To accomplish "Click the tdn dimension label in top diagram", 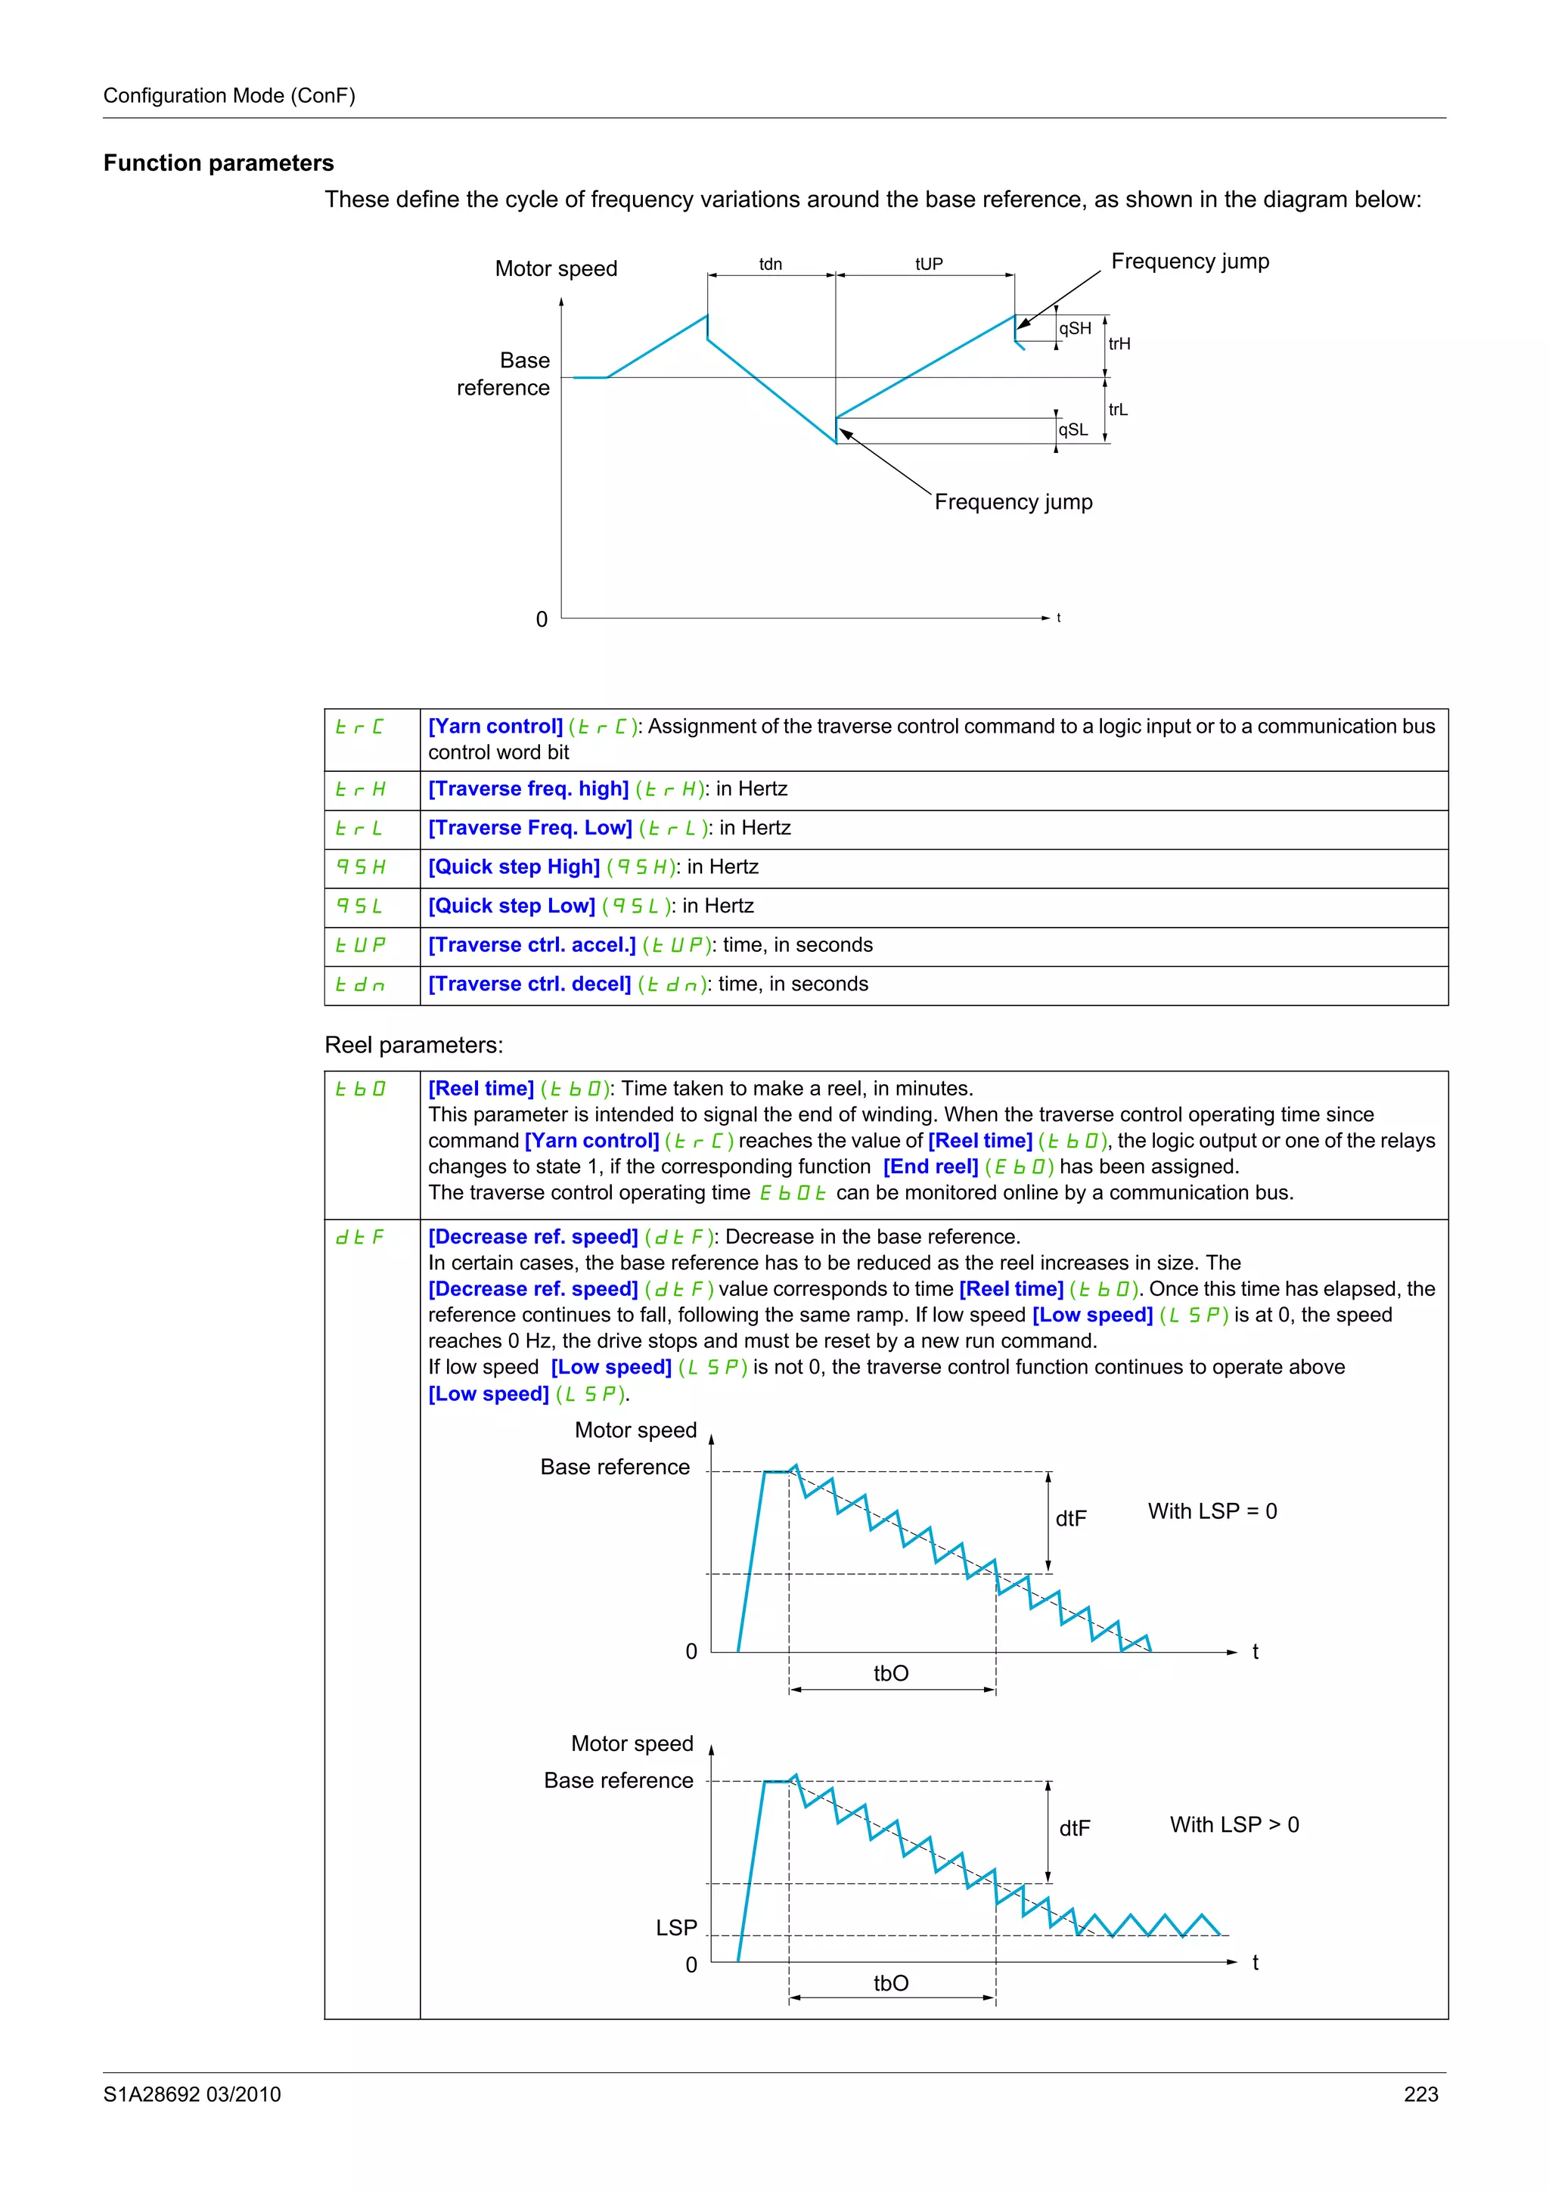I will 770,265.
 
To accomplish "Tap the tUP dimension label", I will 929,265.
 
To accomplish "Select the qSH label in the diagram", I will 1075,328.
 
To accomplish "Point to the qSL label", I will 1073,429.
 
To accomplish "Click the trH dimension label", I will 1119,343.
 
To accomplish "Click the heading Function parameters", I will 219,163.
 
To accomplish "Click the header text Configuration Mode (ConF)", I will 229,95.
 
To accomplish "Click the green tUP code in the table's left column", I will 360,945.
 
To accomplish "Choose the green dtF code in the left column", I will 360,1237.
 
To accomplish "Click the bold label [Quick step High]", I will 514,866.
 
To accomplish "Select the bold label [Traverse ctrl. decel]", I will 529,984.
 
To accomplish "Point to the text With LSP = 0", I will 1212,1511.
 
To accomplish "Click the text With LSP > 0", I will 1234,1824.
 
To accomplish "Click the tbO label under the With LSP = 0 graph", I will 890,1673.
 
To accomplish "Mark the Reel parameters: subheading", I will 413,1045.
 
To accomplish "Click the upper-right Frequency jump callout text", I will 1190,262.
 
